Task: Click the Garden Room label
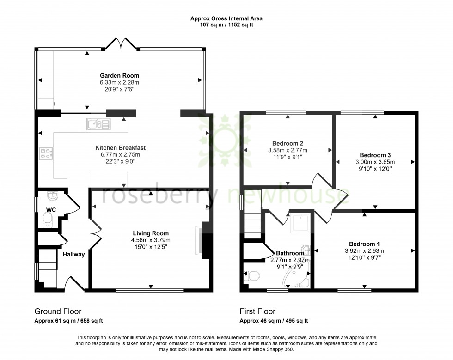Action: pyautogui.click(x=119, y=76)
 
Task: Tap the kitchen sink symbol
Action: pyautogui.click(x=98, y=123)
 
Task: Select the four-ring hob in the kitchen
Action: pyautogui.click(x=46, y=153)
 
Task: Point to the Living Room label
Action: pyautogui.click(x=151, y=233)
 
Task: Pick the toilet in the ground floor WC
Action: pyautogui.click(x=48, y=223)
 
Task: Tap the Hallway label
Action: pyautogui.click(x=74, y=254)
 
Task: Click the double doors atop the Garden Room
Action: pyautogui.click(x=121, y=44)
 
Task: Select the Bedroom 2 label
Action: pyautogui.click(x=288, y=143)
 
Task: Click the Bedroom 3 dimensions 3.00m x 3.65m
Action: pyautogui.click(x=375, y=162)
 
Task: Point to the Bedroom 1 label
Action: pyautogui.click(x=365, y=244)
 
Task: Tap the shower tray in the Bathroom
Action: pyautogui.click(x=300, y=224)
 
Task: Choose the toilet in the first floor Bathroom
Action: pyautogui.click(x=252, y=276)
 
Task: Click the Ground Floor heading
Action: pyautogui.click(x=58, y=311)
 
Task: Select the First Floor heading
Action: pyautogui.click(x=257, y=311)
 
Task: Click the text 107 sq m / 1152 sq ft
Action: pyautogui.click(x=226, y=25)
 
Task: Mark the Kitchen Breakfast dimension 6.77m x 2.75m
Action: pyautogui.click(x=120, y=155)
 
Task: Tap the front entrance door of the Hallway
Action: pyautogui.click(x=74, y=283)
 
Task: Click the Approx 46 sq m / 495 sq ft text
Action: pyautogui.click(x=274, y=321)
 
